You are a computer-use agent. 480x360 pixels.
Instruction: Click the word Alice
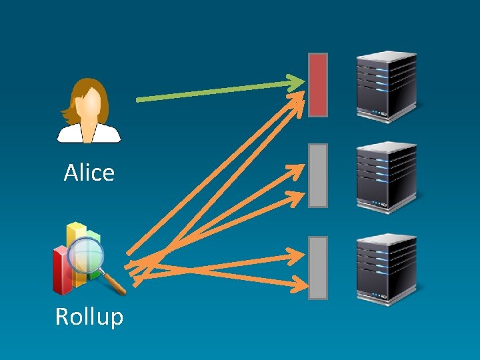click(x=89, y=173)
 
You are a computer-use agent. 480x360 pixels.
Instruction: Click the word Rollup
click(x=89, y=316)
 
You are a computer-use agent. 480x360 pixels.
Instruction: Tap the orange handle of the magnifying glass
click(x=115, y=285)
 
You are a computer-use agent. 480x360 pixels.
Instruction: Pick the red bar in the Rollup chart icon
click(x=62, y=271)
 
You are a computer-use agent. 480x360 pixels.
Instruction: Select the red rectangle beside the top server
click(x=318, y=85)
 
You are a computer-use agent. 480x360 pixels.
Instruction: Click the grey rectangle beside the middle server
click(x=318, y=175)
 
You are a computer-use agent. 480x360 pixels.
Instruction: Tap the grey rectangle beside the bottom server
click(x=318, y=267)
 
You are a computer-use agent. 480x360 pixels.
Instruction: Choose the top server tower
click(x=386, y=87)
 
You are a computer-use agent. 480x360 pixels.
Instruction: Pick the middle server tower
click(x=386, y=177)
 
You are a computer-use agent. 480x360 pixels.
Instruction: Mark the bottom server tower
click(x=386, y=268)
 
